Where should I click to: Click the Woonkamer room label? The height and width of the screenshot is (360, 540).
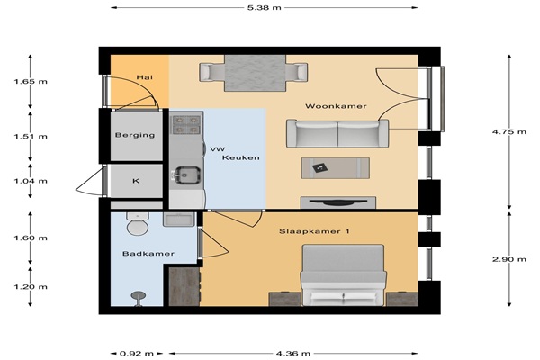336,106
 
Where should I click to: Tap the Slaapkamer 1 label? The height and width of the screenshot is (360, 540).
314,231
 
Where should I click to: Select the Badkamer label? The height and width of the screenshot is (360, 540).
148,254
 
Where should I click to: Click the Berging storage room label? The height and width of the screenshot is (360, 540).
135,135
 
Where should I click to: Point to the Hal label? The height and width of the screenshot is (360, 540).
145,77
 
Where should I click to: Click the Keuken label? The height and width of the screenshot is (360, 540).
240,157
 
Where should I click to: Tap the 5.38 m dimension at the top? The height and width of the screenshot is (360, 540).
264,7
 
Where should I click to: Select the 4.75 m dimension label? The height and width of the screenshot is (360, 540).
509,131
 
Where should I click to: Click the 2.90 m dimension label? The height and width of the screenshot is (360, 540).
509,259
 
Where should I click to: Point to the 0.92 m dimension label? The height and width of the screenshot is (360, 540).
137,353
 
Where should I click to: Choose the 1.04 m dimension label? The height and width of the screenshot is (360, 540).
31,181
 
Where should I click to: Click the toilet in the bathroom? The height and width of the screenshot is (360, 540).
138,223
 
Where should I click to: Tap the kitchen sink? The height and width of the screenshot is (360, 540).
187,175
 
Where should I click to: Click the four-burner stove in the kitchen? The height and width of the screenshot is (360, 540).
186,125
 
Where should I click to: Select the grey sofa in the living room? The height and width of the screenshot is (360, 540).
337,133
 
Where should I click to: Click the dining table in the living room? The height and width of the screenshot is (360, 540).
255,73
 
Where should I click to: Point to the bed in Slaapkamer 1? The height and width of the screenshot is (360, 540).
343,274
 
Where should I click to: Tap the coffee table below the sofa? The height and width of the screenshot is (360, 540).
336,168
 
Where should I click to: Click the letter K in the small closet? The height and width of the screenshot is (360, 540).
137,181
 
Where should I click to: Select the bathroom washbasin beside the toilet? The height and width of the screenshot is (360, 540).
179,220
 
